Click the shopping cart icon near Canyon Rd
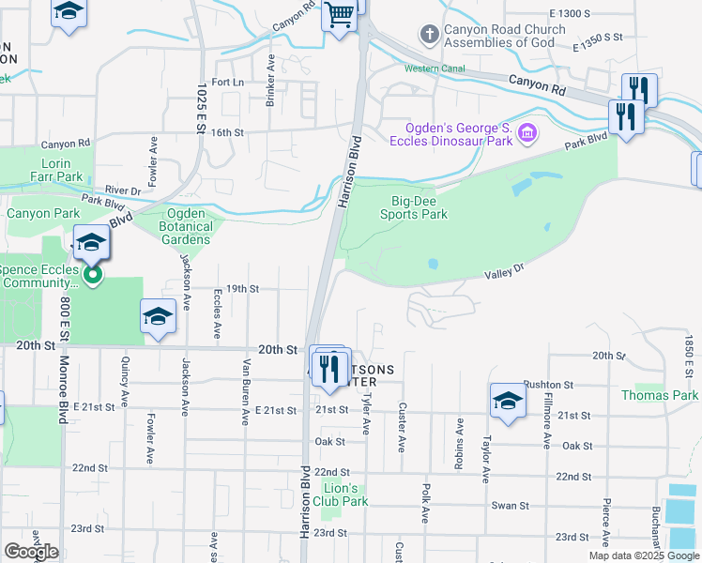340,15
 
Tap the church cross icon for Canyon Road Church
429,36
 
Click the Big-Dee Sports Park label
413,206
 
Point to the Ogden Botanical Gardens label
186,225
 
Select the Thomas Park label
660,395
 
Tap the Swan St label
511,505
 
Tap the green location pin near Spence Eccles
92,275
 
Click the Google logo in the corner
31,552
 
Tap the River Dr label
122,190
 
